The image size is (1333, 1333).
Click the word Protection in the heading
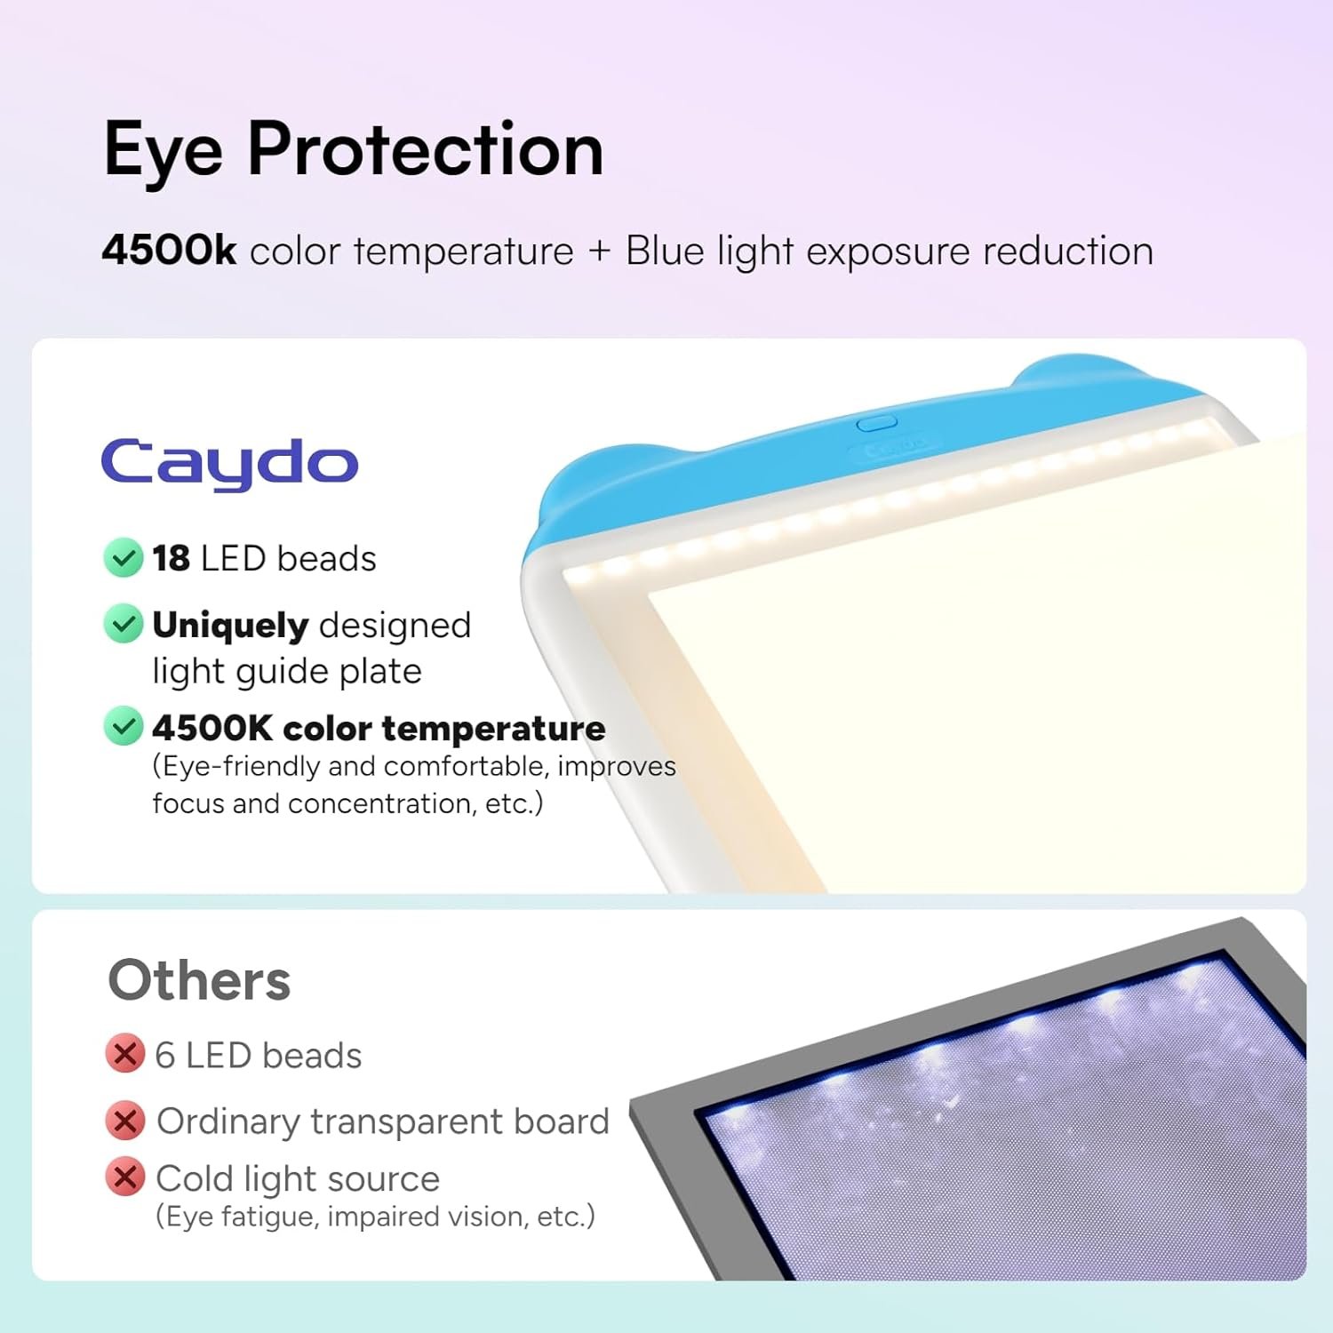(426, 149)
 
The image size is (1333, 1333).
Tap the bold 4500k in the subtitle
(169, 251)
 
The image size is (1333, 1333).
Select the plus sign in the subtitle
(600, 251)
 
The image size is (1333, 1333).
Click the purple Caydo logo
(229, 463)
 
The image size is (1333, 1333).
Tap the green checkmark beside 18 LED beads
(123, 558)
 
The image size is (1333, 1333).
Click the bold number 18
(171, 559)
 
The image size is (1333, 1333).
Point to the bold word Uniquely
(229, 626)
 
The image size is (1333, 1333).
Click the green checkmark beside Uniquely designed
(123, 624)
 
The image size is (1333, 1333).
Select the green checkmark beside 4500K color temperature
(123, 726)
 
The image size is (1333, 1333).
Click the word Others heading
(199, 980)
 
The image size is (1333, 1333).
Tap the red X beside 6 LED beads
(124, 1054)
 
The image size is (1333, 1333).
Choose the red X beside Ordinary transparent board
(124, 1121)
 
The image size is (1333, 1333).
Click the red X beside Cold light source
(124, 1177)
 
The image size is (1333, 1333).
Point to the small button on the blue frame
(876, 423)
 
